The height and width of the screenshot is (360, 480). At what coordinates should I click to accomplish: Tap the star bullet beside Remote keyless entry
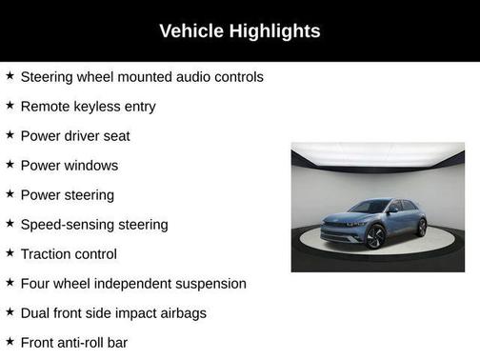tap(10, 106)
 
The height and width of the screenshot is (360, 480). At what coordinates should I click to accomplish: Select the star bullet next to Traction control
tap(10, 253)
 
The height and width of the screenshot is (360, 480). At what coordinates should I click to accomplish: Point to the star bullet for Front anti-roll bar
tap(10, 341)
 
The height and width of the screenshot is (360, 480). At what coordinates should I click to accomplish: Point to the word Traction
tap(46, 253)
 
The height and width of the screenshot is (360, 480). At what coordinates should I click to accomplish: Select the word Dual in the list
tap(35, 312)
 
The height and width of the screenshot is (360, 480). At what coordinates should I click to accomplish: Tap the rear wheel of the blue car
tap(420, 228)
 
